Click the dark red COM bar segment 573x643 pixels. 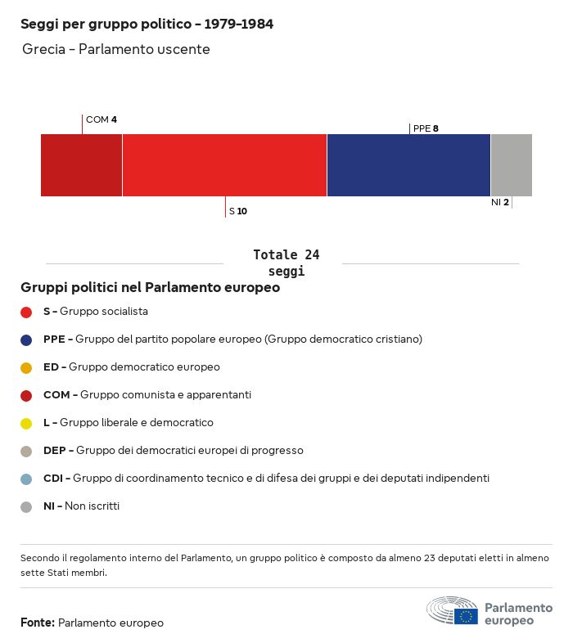81,165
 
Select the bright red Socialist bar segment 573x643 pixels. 224,165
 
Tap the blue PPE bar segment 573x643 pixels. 408,165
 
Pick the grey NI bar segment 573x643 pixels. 511,165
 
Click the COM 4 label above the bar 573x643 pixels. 101,119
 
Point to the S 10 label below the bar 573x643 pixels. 238,211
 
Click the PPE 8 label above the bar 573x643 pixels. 426,128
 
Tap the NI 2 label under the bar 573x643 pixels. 500,202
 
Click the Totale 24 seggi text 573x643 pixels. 286,263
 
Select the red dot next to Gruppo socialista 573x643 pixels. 26,312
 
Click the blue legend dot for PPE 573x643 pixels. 26,339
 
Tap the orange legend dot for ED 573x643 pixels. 26,367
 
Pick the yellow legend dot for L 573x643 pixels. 26,423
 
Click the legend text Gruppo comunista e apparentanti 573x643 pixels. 165,395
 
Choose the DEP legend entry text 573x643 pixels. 173,451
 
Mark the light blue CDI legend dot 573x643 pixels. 26,479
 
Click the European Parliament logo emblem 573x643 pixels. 452,611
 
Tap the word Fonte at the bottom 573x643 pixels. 38,623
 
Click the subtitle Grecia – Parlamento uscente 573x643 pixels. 116,50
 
